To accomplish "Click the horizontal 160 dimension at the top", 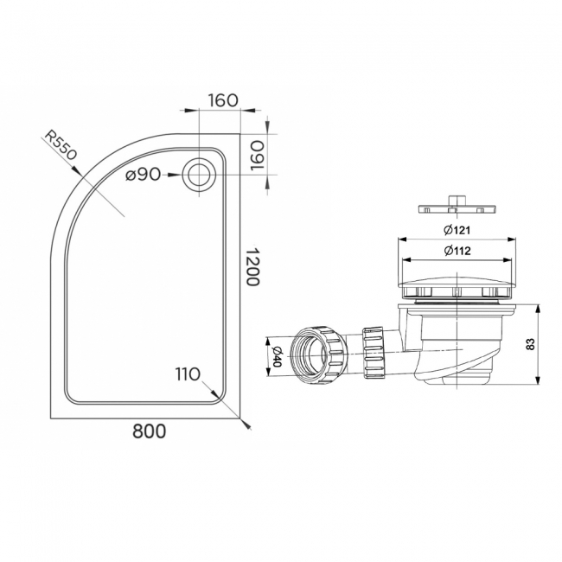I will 223,99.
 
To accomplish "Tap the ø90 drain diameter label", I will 143,175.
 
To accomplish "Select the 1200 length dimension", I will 252,268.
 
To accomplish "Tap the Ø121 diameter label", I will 456,230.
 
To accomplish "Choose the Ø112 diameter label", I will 456,252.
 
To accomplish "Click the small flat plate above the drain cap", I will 455,208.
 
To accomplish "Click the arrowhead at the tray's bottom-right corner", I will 247,425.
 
